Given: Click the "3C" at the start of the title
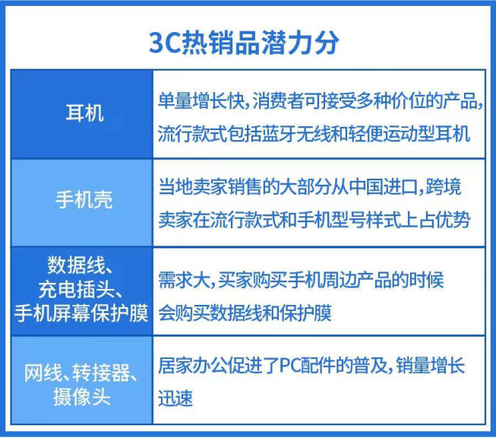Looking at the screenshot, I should [166, 41].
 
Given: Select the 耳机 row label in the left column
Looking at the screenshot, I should [83, 115].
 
